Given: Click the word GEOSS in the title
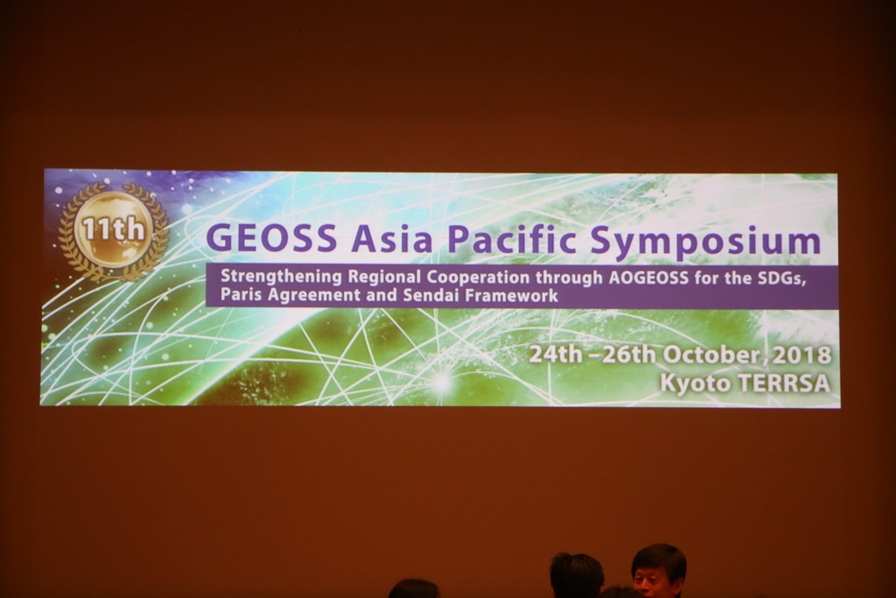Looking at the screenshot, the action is tap(271, 238).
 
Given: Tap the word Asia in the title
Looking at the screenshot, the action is tap(392, 238).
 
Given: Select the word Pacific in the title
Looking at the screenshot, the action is tap(512, 238).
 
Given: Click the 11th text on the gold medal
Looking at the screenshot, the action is tap(114, 229).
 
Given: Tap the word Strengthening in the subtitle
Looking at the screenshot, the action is tap(281, 278).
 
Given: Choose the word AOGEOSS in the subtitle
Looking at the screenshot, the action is tap(648, 278).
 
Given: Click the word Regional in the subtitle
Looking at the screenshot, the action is tap(385, 278).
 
